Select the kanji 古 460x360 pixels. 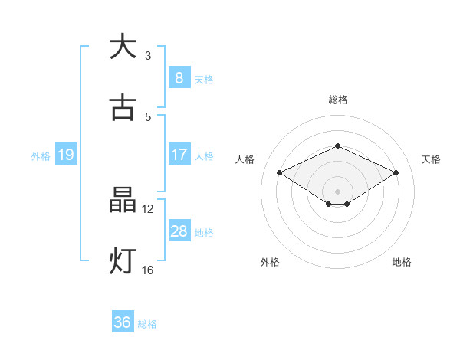[122, 108]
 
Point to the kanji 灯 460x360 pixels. [122, 260]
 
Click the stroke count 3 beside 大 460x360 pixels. [148, 55]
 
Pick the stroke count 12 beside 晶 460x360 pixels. [148, 208]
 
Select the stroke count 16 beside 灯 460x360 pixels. [148, 270]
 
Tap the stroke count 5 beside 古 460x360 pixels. [148, 116]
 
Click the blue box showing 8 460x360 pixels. [179, 77]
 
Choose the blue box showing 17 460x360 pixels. [179, 155]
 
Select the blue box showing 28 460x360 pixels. [179, 231]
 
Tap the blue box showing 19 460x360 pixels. [65, 155]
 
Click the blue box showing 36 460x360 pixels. [122, 322]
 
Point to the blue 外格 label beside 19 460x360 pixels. [41, 155]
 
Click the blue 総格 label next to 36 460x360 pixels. [147, 324]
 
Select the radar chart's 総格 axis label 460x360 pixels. [337, 100]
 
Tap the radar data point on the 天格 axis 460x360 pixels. [396, 173]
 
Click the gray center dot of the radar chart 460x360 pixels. [337, 191]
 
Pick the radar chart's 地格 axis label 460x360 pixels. [402, 262]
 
